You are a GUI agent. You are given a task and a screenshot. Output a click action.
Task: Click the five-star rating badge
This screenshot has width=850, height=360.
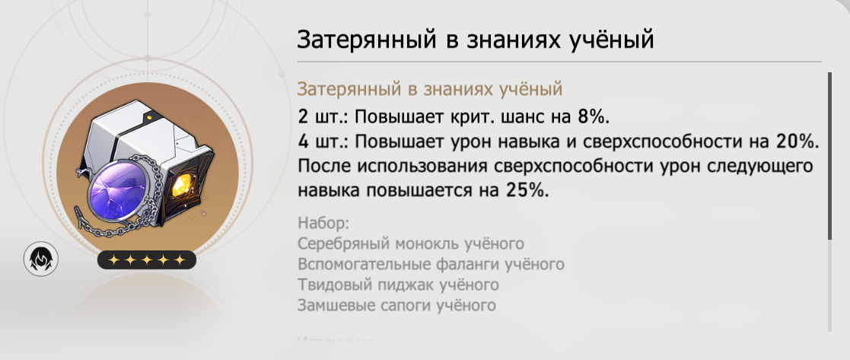(147, 260)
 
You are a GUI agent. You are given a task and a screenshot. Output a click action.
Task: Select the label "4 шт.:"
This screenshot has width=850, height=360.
(322, 142)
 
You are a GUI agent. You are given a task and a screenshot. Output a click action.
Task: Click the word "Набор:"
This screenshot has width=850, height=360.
(323, 224)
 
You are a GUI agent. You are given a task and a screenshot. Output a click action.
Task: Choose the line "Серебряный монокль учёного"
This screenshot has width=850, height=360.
(412, 244)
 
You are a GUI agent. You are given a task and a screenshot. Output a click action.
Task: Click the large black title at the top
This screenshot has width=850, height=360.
(475, 39)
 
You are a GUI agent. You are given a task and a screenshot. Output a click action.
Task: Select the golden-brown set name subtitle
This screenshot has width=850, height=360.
(430, 88)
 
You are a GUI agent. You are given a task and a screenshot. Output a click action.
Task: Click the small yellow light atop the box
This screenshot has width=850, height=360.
(150, 118)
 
